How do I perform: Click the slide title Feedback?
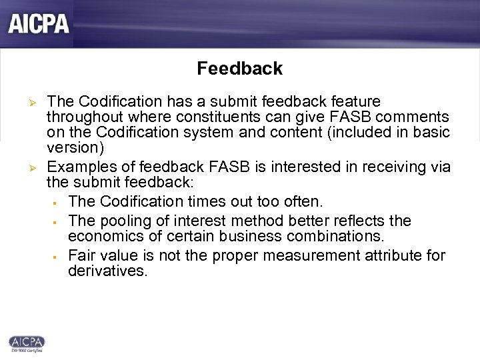(239, 69)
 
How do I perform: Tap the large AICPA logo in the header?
(38, 24)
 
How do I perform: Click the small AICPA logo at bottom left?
(27, 343)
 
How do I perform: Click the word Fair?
(81, 256)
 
